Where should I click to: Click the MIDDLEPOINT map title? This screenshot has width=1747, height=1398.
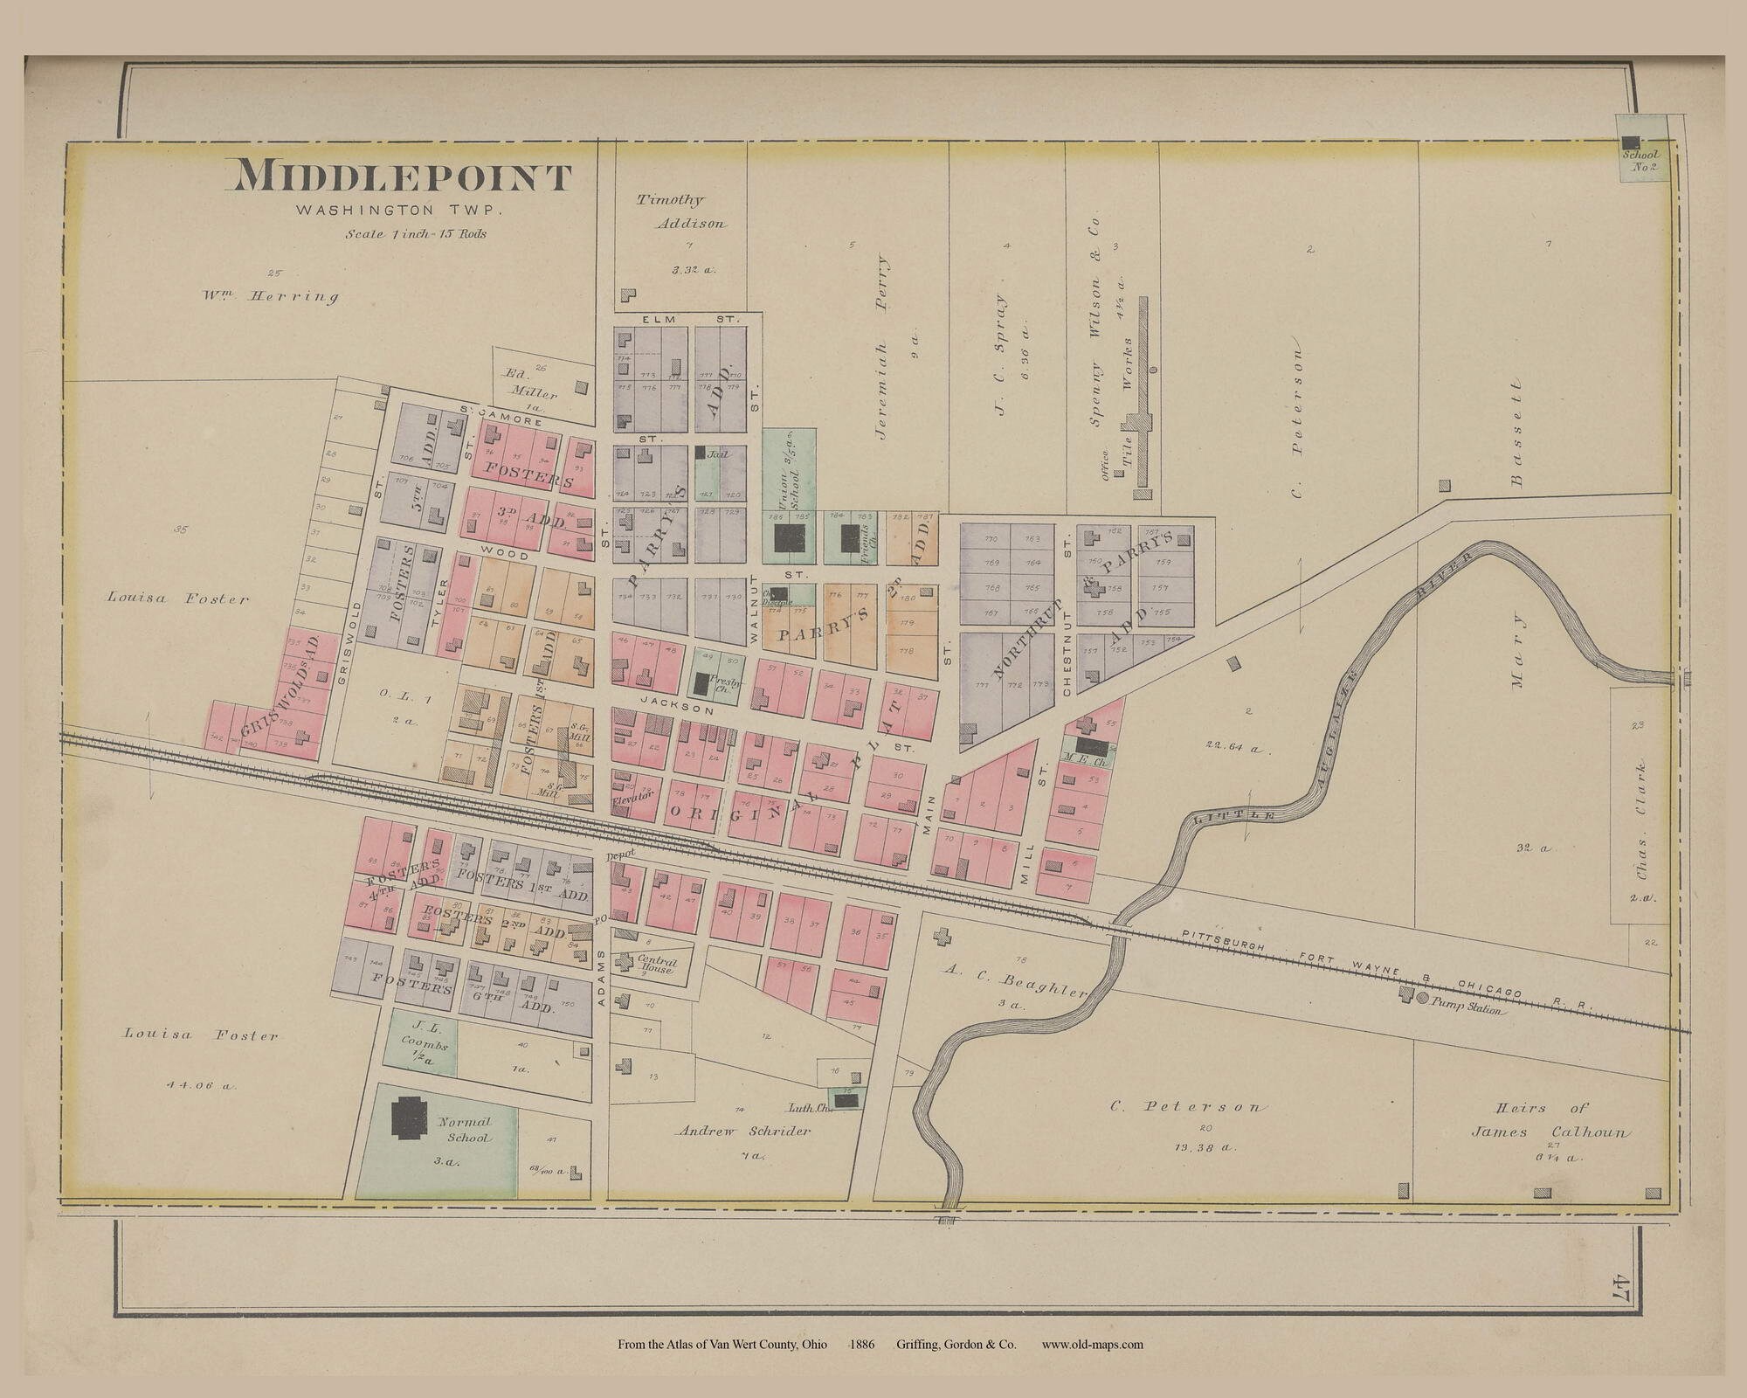click(x=400, y=177)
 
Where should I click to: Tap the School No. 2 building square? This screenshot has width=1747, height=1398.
click(x=1630, y=142)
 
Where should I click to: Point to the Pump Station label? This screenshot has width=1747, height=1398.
click(x=1467, y=1010)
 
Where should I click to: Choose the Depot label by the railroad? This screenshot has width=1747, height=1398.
click(x=618, y=854)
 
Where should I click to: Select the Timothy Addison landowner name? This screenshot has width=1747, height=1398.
click(x=680, y=211)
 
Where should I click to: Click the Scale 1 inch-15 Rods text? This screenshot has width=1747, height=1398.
click(x=416, y=234)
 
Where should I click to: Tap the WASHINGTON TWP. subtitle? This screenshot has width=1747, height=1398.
click(x=400, y=211)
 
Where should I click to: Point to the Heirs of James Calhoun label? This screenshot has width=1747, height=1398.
click(x=1550, y=1120)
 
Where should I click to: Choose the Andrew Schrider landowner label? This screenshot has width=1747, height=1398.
click(x=744, y=1130)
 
